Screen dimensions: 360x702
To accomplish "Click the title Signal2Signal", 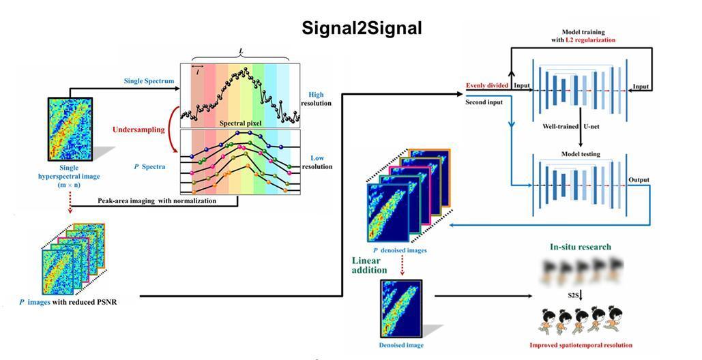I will pos(362,28).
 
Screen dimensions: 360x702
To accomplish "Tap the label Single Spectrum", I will pos(149,81).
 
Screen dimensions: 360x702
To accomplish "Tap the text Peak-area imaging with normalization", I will pos(156,201).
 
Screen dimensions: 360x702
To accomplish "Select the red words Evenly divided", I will pos(488,86).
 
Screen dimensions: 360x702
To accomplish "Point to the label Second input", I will pos(484,102).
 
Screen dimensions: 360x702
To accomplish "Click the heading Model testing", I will pos(581,154).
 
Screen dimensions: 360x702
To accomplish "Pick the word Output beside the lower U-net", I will pos(639,180).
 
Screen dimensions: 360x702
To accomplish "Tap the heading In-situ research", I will pos(580,246).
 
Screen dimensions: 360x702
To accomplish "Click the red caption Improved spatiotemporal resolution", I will pos(581,345).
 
